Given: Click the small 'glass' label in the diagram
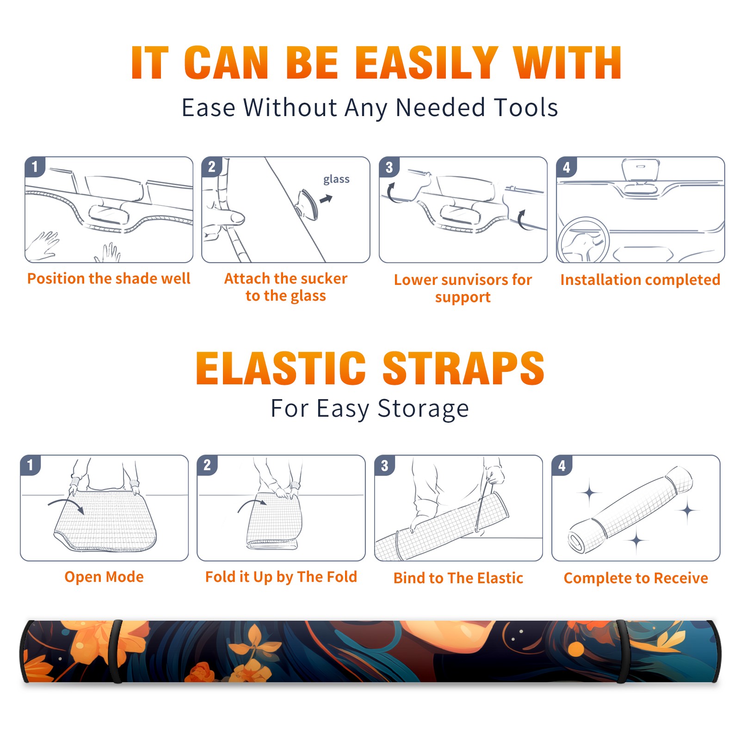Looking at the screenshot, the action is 336,179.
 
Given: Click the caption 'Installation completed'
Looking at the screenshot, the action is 640,280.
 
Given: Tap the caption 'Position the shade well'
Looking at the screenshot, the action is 109,278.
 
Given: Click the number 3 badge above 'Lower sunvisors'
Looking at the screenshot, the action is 389,167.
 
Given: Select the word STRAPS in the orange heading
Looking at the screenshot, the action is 463,368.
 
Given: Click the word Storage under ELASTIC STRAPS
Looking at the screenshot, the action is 423,409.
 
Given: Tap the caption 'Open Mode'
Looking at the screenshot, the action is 104,577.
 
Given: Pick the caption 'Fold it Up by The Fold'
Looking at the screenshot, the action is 281,577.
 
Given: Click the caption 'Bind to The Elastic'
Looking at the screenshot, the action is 458,578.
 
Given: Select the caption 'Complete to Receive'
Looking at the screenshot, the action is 636,578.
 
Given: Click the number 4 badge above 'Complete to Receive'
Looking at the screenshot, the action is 562,465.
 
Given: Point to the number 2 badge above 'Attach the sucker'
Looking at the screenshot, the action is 212,167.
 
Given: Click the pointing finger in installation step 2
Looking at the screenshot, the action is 224,217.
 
